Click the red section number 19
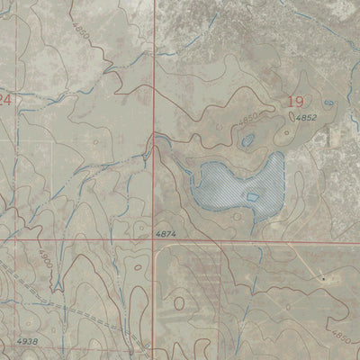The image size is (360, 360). click(294, 102)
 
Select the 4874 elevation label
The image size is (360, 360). click(165, 234)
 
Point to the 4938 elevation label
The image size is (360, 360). click(27, 342)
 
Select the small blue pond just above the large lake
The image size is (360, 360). click(247, 140)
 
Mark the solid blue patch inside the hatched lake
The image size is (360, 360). click(253, 197)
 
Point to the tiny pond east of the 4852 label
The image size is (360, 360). click(328, 105)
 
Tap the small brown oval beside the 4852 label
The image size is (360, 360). click(287, 133)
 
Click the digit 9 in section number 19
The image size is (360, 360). click(300, 102)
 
